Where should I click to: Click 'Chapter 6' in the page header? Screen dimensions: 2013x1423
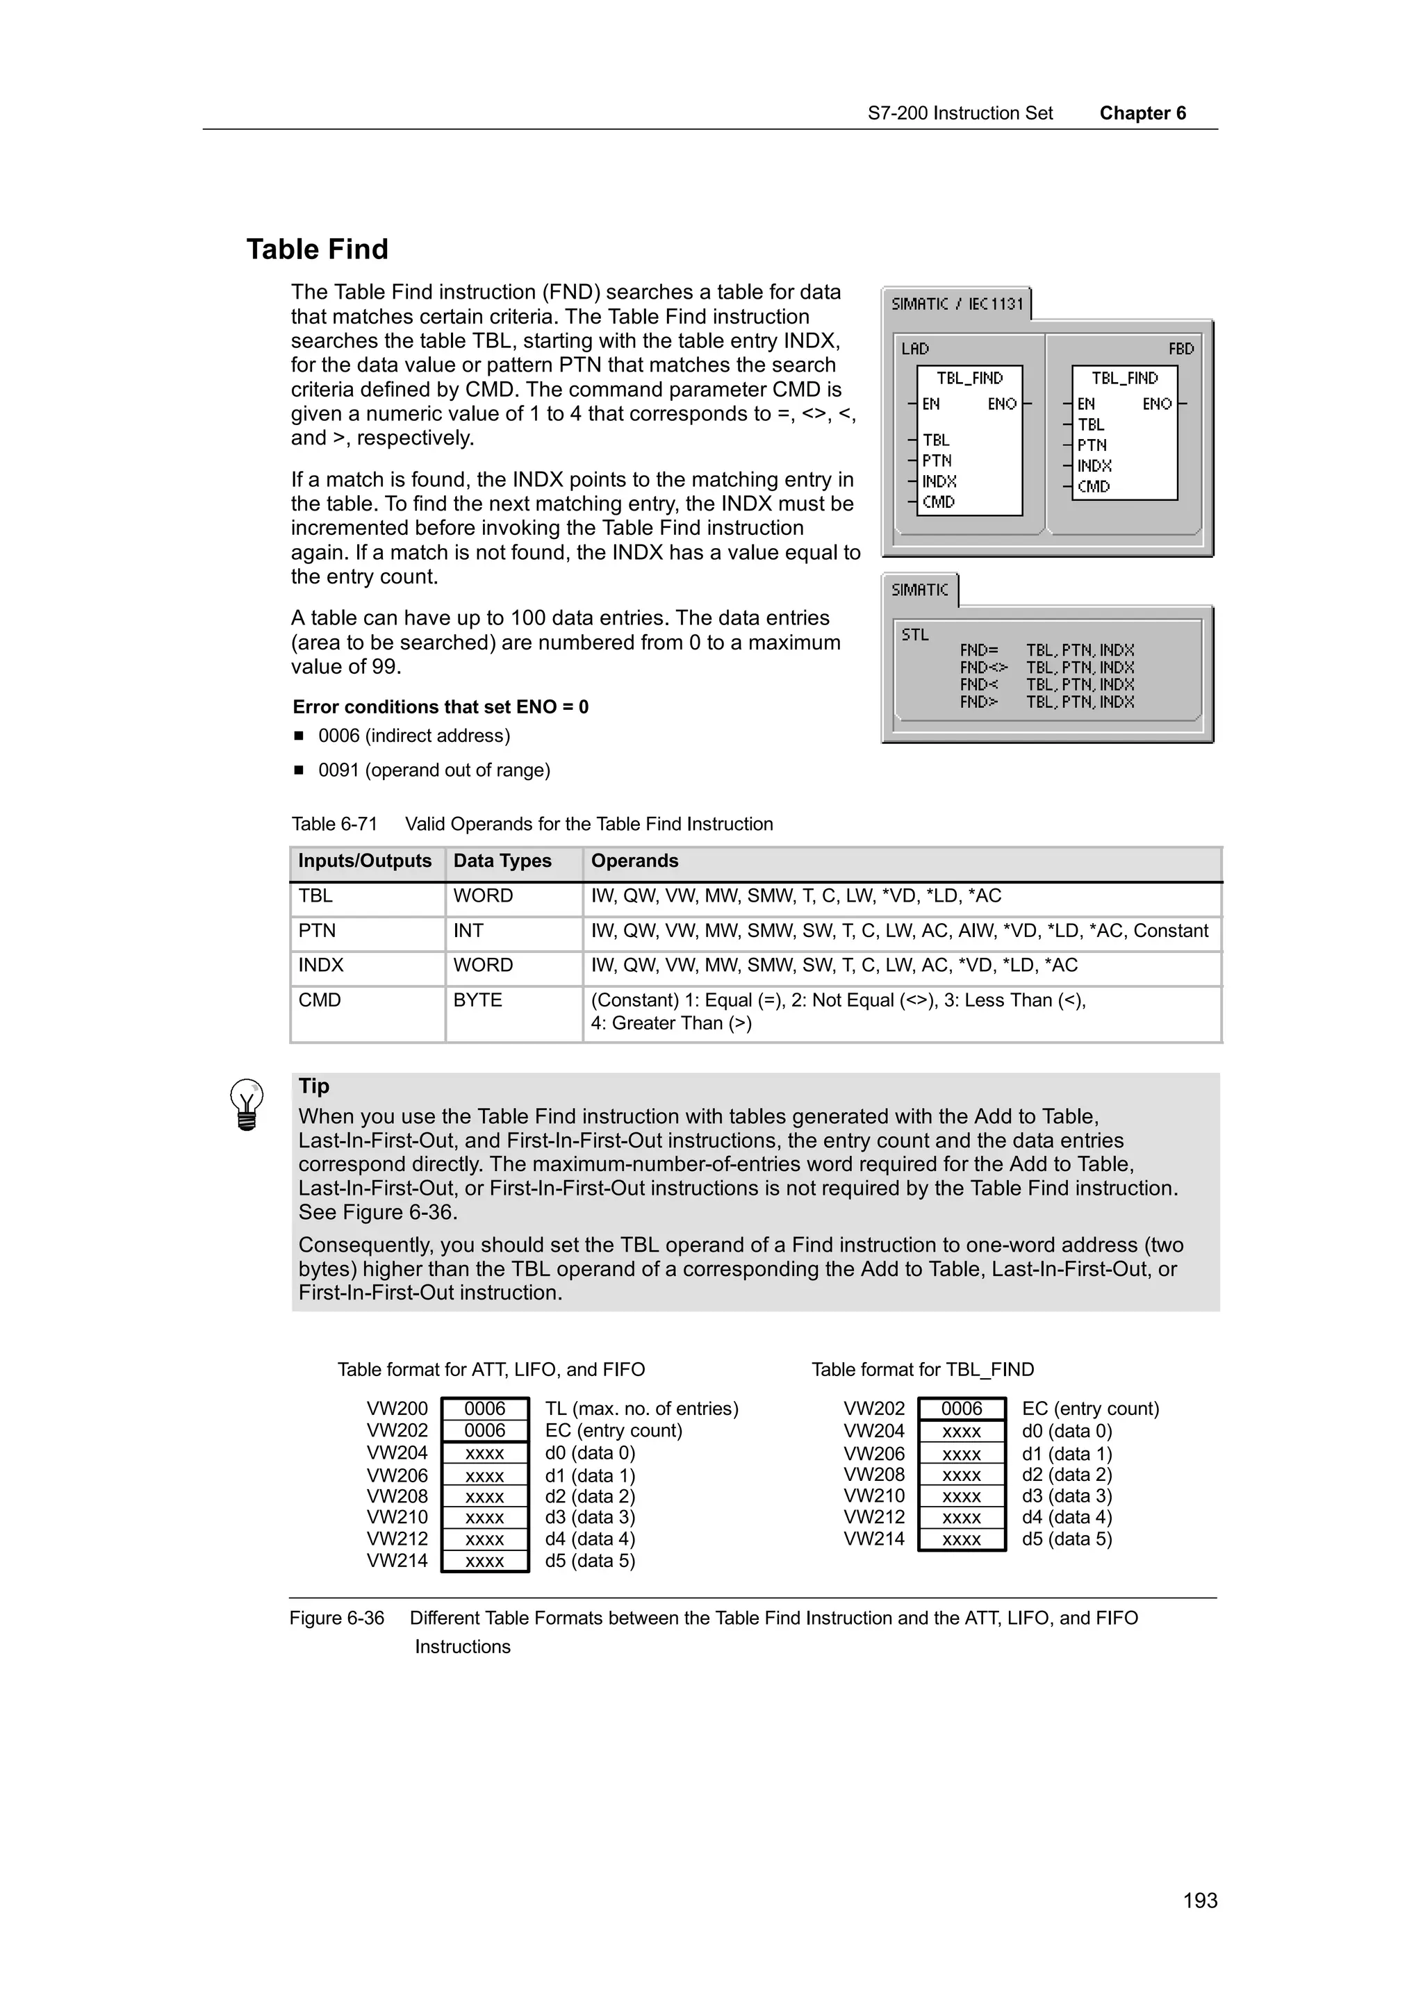(x=1142, y=113)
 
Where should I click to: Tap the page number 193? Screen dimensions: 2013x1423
(x=1199, y=1900)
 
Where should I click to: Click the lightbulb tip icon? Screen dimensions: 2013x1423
(x=247, y=1104)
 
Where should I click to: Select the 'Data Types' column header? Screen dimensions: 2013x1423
(x=502, y=861)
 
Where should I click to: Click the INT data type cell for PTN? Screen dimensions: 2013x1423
(x=468, y=930)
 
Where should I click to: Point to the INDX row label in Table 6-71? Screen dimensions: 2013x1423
(x=321, y=966)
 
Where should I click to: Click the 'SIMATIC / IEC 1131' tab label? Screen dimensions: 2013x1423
(x=957, y=304)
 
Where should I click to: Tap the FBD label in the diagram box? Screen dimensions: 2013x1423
(x=1180, y=349)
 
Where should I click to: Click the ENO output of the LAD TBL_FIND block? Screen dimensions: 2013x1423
(x=1001, y=404)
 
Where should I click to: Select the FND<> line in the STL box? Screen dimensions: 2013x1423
(x=983, y=668)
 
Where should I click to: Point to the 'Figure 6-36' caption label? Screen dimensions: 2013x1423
(x=337, y=1618)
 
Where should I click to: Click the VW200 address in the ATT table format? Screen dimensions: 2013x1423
(x=397, y=1408)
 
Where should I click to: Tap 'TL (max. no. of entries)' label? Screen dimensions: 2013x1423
(x=641, y=1408)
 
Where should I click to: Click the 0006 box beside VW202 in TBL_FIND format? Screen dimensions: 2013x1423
(x=961, y=1408)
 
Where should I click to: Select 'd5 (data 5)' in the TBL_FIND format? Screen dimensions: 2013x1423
(x=1066, y=1539)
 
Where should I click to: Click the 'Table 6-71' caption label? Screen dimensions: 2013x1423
(x=334, y=824)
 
